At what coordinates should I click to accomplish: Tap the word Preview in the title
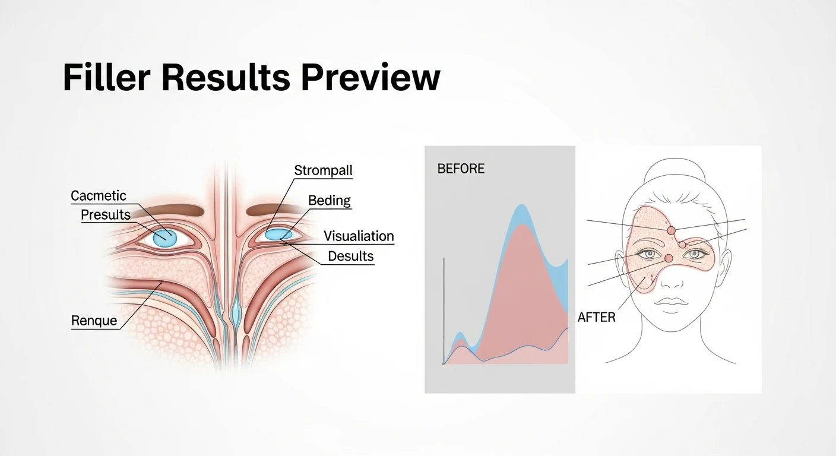[x=370, y=78]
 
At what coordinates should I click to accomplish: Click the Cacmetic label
[x=99, y=196]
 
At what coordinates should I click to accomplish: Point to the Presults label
[x=106, y=214]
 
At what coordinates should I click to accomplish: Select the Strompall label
[x=324, y=171]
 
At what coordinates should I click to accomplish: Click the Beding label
[x=330, y=201]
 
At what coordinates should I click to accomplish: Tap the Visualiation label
[x=359, y=236]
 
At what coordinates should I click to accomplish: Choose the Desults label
[x=351, y=256]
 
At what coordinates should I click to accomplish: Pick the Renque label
[x=94, y=321]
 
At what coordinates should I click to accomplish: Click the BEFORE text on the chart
[x=461, y=169]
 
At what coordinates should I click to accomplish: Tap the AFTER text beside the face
[x=597, y=318]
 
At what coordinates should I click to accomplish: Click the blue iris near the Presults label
[x=164, y=238]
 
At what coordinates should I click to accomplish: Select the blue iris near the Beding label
[x=275, y=235]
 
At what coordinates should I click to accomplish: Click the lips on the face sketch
[x=670, y=302]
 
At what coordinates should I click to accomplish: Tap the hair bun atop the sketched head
[x=675, y=169]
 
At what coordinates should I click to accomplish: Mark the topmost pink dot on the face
[x=671, y=230]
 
